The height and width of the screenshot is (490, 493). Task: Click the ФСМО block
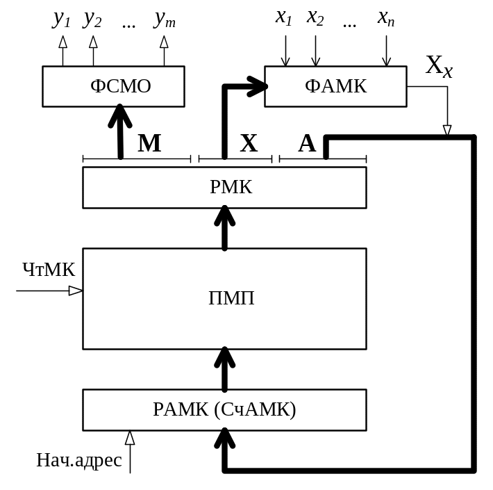113,86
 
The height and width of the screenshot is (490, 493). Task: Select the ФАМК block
336,86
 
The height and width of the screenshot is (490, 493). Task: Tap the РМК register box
224,187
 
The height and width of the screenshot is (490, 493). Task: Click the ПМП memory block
224,298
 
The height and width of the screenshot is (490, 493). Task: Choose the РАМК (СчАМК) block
224,409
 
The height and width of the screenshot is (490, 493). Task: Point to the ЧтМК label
49,270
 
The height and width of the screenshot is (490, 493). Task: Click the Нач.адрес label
79,459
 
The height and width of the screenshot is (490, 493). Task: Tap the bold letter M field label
149,144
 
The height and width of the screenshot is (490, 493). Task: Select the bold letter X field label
248,144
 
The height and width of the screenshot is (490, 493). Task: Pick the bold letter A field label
306,144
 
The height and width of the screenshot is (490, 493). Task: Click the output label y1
62,19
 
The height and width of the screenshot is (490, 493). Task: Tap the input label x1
283,18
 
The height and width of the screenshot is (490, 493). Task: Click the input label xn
386,18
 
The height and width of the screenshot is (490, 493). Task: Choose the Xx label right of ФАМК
437,67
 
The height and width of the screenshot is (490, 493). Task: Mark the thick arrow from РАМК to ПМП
224,369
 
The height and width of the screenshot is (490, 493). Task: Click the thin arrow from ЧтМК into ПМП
49,291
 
